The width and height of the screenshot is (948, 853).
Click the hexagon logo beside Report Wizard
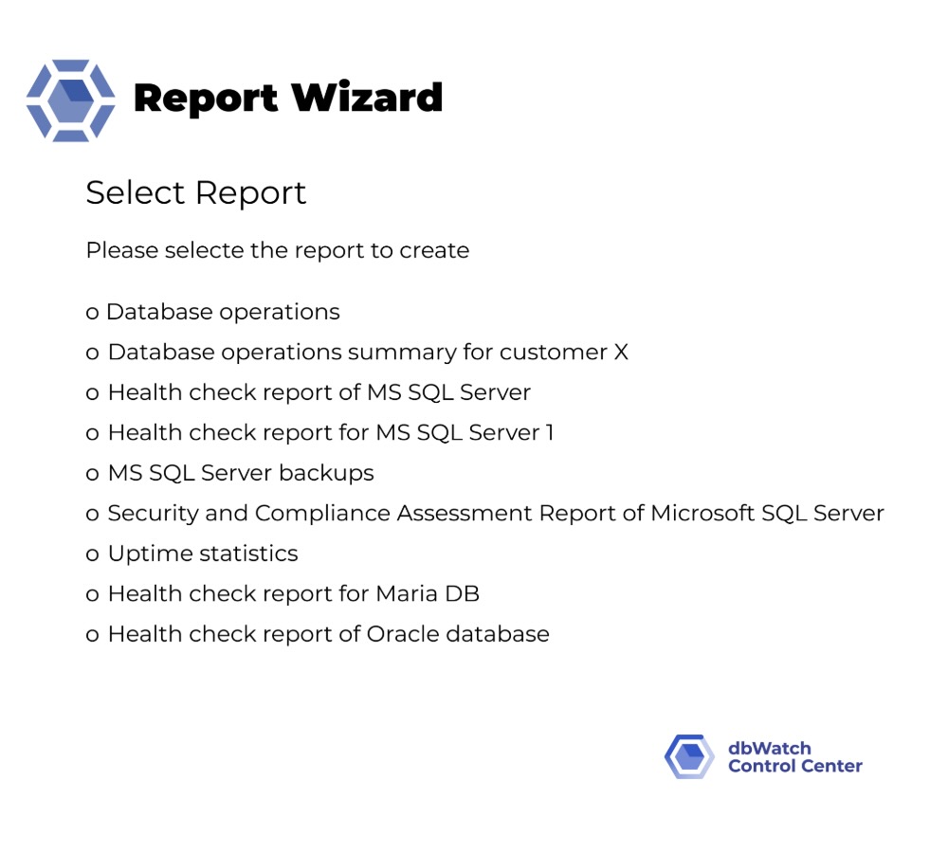[x=71, y=100]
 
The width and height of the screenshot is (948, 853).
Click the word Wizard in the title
[x=367, y=98]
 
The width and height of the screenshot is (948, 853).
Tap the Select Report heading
[x=196, y=192]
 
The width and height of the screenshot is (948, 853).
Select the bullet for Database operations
[x=92, y=313]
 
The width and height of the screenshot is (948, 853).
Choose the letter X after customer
[x=621, y=352]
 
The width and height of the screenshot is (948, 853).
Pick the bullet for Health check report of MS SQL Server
[x=92, y=393]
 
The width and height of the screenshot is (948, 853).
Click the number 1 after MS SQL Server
[x=550, y=432]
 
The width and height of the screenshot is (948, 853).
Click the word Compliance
[x=323, y=514]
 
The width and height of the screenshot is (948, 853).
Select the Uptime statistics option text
[x=203, y=554]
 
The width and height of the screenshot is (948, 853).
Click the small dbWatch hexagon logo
[x=690, y=756]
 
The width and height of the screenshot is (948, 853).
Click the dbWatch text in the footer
[x=770, y=748]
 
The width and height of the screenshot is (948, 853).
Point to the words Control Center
[x=795, y=766]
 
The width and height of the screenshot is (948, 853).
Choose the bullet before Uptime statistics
[x=92, y=555]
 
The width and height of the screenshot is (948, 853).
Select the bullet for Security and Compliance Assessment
[x=92, y=515]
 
